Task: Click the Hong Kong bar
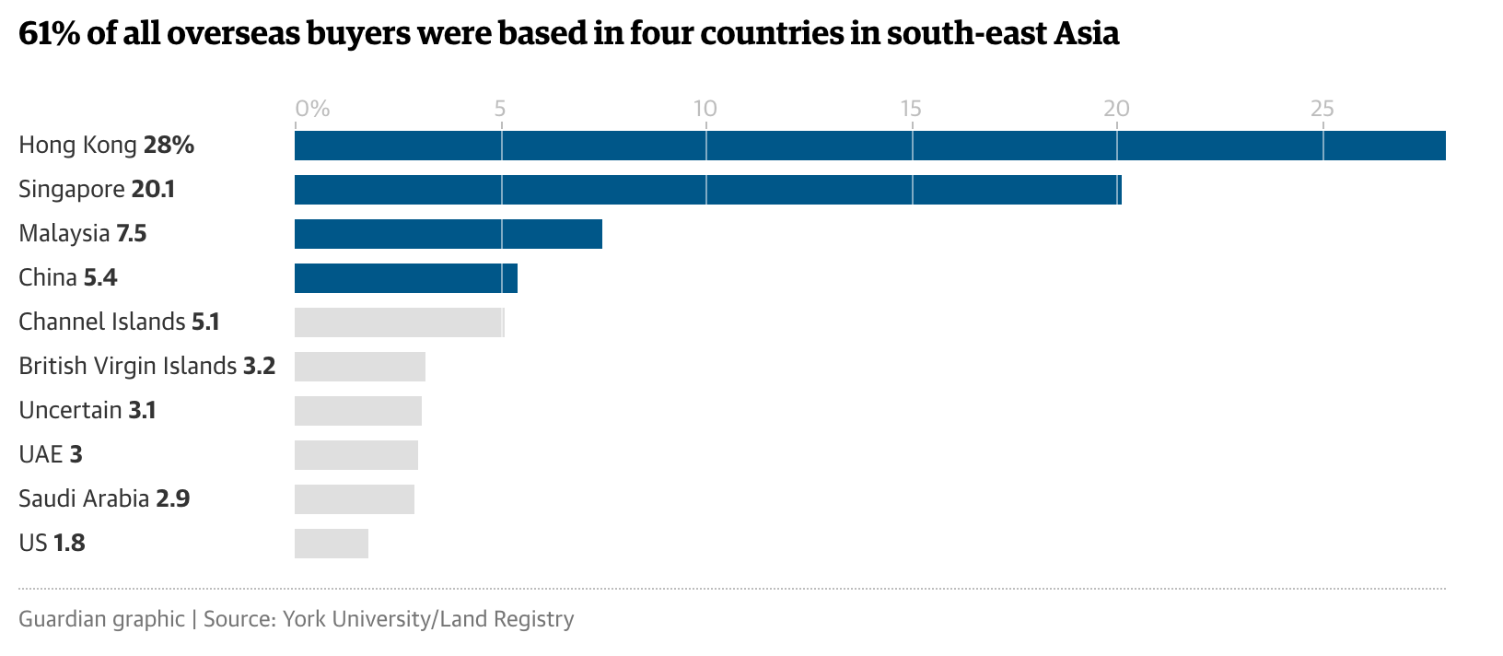point(869,146)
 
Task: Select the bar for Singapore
point(707,190)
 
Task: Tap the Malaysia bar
point(448,234)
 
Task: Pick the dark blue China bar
point(405,278)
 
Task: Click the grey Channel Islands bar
point(399,322)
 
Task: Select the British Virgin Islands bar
point(359,367)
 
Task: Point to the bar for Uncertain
point(357,411)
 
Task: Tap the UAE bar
point(355,455)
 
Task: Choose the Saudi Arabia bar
point(354,499)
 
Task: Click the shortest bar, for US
point(331,544)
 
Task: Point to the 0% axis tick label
point(312,109)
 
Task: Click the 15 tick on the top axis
point(911,109)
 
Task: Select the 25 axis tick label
point(1322,109)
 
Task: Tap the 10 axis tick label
point(705,109)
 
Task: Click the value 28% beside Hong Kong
point(169,146)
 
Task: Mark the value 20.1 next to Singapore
point(153,190)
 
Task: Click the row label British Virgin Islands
point(127,367)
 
